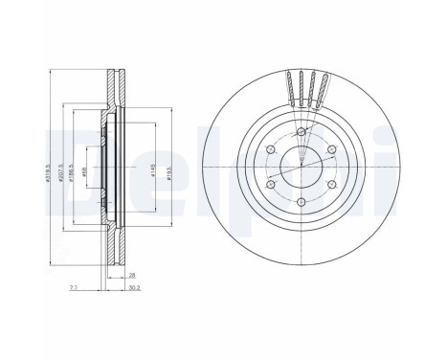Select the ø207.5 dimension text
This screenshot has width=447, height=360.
click(62, 172)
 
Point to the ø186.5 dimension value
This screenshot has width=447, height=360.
click(76, 172)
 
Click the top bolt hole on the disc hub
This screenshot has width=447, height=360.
click(302, 132)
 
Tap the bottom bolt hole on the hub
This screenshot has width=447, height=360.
click(302, 201)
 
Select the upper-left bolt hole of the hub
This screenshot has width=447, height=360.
click(272, 149)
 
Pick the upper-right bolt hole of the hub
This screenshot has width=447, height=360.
click(331, 149)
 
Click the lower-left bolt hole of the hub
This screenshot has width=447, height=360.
click(272, 184)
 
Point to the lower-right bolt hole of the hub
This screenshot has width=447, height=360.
click(331, 184)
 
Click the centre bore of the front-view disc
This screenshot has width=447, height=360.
click(302, 167)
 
